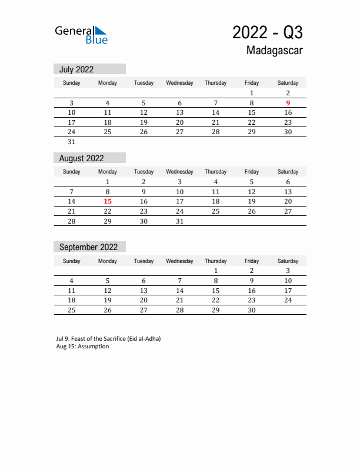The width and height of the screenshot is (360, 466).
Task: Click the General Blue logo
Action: (x=81, y=35)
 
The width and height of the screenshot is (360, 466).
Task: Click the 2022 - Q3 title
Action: (x=267, y=32)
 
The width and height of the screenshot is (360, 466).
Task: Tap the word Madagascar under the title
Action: (x=275, y=51)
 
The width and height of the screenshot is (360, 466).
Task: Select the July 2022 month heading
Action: (x=76, y=69)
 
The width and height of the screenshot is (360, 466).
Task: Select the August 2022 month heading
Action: (x=82, y=158)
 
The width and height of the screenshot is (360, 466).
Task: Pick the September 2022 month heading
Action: (x=88, y=247)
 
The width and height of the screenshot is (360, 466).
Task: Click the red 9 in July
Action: (x=288, y=103)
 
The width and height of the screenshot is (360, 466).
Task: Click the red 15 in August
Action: (x=108, y=201)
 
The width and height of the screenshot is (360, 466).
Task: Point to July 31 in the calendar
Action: (x=71, y=142)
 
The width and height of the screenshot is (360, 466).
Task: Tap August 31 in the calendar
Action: (x=180, y=221)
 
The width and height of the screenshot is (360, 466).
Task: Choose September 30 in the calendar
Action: (x=252, y=310)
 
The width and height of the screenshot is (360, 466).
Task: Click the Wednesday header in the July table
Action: (x=179, y=83)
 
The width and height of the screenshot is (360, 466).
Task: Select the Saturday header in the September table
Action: (x=288, y=261)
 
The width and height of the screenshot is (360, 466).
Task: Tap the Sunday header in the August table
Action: (x=71, y=172)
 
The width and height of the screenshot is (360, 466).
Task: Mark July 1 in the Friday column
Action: (x=252, y=93)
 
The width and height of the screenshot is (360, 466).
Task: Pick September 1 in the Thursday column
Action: (x=216, y=271)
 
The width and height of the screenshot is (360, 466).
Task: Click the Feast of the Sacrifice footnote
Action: (x=108, y=339)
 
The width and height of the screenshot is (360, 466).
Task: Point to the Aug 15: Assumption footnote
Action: (x=82, y=347)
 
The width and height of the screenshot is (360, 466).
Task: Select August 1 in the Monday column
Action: (x=108, y=182)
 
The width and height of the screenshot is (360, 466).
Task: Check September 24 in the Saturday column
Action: (x=288, y=300)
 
